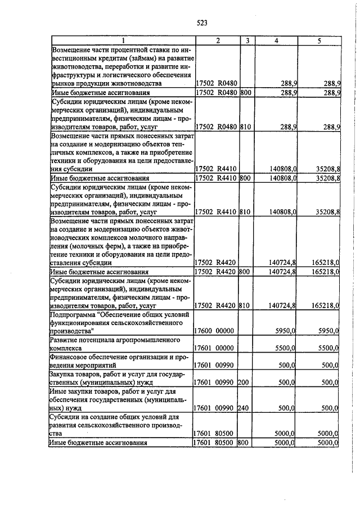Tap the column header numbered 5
pos(318,41)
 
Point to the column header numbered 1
pos(123,41)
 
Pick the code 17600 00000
pos(213,332)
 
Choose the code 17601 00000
pos(213,348)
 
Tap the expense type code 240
pos(244,407)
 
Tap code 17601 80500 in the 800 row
pos(213,443)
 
